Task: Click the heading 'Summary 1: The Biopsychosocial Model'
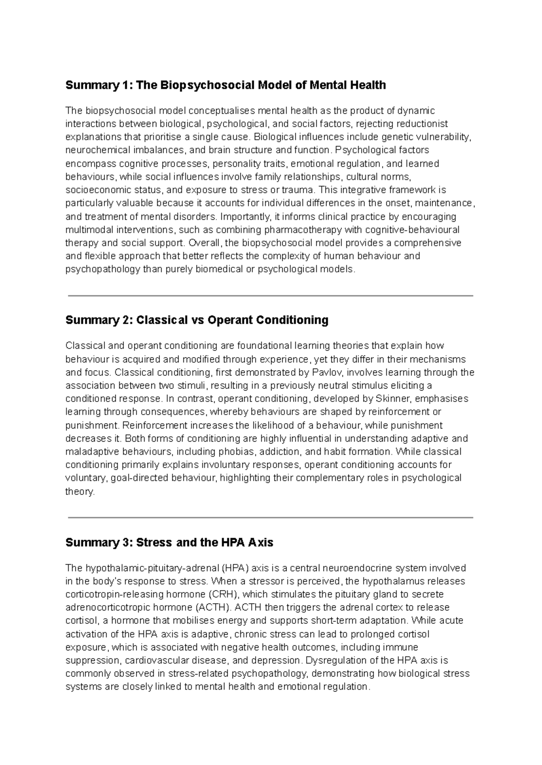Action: [225, 85]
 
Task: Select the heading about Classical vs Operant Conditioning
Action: [196, 320]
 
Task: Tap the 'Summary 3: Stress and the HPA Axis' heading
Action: [169, 542]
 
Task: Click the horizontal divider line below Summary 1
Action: [270, 296]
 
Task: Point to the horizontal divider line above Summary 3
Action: [270, 518]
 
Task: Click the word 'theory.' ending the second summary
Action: [80, 492]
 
